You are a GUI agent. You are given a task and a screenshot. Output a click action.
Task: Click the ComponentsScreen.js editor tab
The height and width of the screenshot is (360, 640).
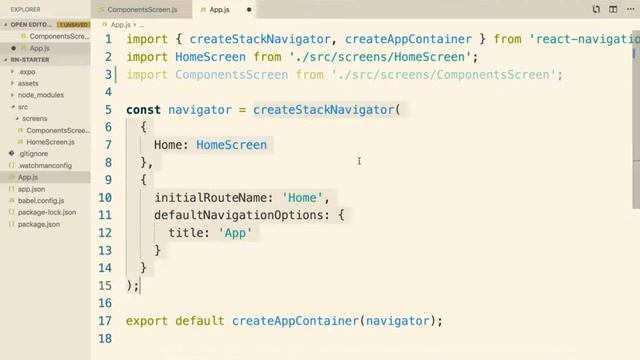coord(143,10)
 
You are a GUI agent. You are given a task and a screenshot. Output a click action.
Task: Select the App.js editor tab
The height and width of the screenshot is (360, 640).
coord(219,10)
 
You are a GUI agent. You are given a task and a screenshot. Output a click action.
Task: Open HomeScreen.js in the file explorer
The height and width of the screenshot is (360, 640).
coord(50,142)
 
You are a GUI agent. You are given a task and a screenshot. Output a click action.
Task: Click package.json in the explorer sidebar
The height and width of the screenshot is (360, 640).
coord(39,225)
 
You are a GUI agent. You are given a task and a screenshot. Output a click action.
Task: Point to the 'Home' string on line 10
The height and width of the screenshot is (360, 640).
coord(304,197)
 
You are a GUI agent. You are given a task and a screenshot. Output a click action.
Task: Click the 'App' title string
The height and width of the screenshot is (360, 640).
coord(236,232)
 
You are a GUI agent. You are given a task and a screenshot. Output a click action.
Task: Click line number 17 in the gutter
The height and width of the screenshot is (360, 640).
coord(105,321)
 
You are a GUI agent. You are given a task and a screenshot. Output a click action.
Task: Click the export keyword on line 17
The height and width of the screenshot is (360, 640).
coord(147,321)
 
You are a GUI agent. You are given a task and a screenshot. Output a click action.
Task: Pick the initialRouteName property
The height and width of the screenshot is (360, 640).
coord(211,197)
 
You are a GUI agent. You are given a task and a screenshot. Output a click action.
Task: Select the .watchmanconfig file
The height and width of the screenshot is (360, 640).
coord(45,166)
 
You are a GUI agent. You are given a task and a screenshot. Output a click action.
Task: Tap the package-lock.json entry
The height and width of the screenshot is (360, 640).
coord(47,213)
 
